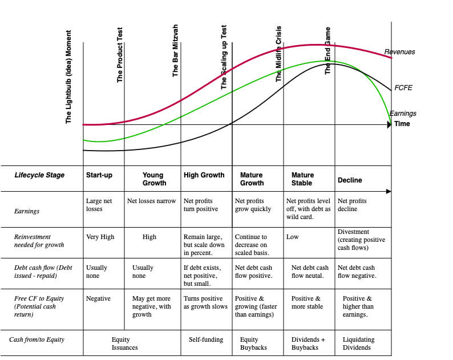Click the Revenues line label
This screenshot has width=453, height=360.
[x=399, y=52]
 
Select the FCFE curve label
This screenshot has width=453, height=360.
[x=403, y=88]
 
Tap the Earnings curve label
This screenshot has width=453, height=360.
[x=403, y=114]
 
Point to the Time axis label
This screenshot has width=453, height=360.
[x=402, y=124]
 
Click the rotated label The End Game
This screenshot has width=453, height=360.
[x=328, y=51]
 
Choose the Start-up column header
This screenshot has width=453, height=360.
[x=99, y=175]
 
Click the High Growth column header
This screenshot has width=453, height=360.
[x=204, y=175]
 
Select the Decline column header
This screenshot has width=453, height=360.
[x=350, y=180]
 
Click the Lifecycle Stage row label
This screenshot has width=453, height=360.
[x=39, y=175]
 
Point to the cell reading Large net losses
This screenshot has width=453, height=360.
[x=98, y=205]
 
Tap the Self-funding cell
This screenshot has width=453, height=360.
[x=206, y=339]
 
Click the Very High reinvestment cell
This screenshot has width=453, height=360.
[x=100, y=237]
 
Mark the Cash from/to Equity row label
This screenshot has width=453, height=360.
[x=37, y=339]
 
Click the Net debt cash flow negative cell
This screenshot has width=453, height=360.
[x=357, y=272]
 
